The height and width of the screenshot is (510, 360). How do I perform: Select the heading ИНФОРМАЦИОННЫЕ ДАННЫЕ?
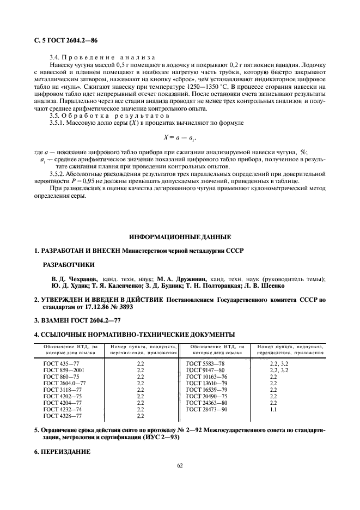180,236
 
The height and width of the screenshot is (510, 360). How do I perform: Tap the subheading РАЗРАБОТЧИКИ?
68,264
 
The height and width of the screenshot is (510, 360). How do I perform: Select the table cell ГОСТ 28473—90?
207,409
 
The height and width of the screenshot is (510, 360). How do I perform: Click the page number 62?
180,465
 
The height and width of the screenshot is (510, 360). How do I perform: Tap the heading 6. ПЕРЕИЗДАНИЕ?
61,452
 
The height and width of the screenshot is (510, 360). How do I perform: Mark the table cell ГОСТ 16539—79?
207,390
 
